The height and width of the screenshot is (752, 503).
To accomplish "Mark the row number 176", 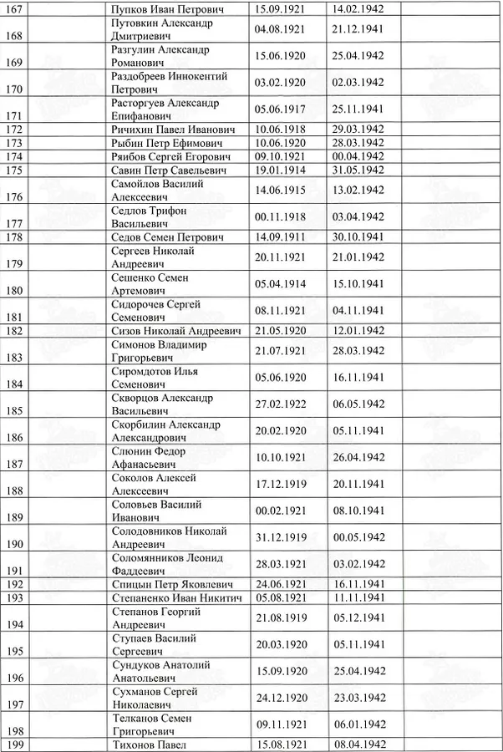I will coord(15,196).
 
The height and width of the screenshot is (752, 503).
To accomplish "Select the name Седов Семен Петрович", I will coord(168,237).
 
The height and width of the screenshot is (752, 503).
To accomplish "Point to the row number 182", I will coord(15,331).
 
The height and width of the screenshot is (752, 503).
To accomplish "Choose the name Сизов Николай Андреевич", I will coord(176,331).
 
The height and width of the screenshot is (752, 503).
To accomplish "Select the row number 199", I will coord(15,745).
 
